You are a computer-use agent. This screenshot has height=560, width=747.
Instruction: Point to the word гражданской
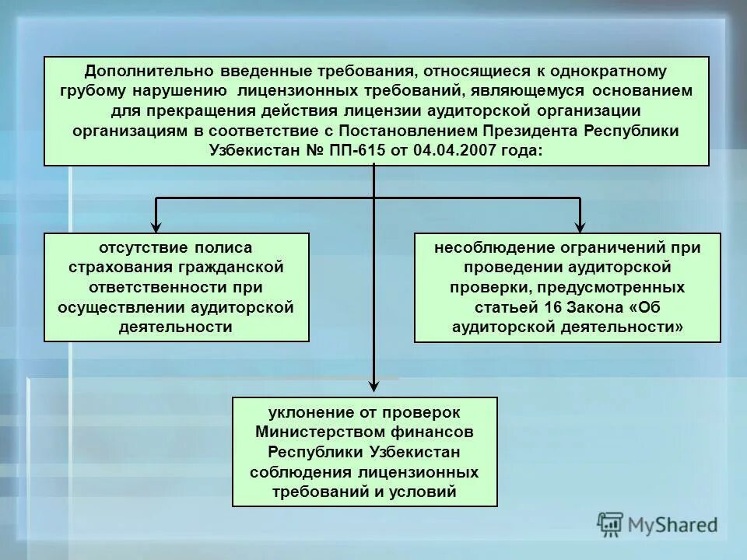point(234,268)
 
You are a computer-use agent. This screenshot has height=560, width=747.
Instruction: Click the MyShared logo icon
point(611,523)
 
